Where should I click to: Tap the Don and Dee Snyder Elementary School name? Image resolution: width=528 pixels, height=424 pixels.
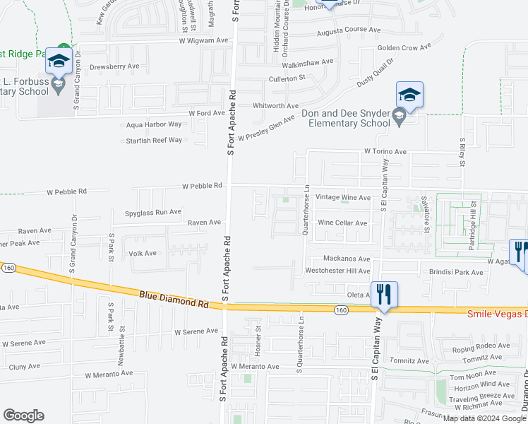point(346,118)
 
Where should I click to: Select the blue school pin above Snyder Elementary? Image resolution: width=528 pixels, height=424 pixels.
point(409,95)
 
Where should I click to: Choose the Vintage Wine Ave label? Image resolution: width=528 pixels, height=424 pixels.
point(343,197)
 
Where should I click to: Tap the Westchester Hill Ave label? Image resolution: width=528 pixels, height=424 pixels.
point(337,271)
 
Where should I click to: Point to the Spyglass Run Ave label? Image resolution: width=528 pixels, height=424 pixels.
point(153,211)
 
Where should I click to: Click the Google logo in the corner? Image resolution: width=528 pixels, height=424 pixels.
point(23,416)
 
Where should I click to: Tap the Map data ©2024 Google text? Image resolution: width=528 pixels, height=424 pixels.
point(484,418)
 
